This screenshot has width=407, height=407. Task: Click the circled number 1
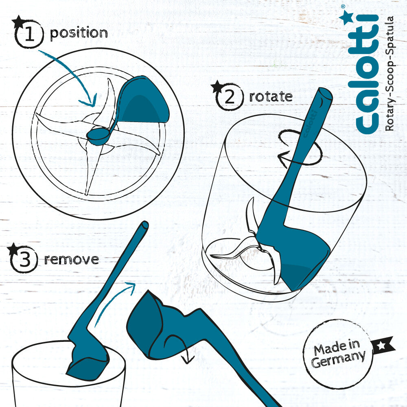(x=29, y=34)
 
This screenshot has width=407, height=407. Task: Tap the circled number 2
(x=230, y=97)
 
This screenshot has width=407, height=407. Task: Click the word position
(x=79, y=33)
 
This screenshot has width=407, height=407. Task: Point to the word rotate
(x=271, y=96)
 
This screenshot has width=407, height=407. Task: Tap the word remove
(x=71, y=259)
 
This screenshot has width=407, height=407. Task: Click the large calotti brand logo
(x=367, y=74)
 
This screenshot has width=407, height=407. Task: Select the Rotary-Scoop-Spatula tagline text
(x=389, y=73)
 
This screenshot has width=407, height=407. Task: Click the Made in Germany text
(x=338, y=353)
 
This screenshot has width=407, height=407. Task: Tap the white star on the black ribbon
(x=382, y=346)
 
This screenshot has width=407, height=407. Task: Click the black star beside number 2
(x=217, y=86)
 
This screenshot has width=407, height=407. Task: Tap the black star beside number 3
(x=13, y=249)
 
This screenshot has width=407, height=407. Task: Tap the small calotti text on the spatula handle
(x=310, y=124)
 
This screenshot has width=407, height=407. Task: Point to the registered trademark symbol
(x=343, y=6)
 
